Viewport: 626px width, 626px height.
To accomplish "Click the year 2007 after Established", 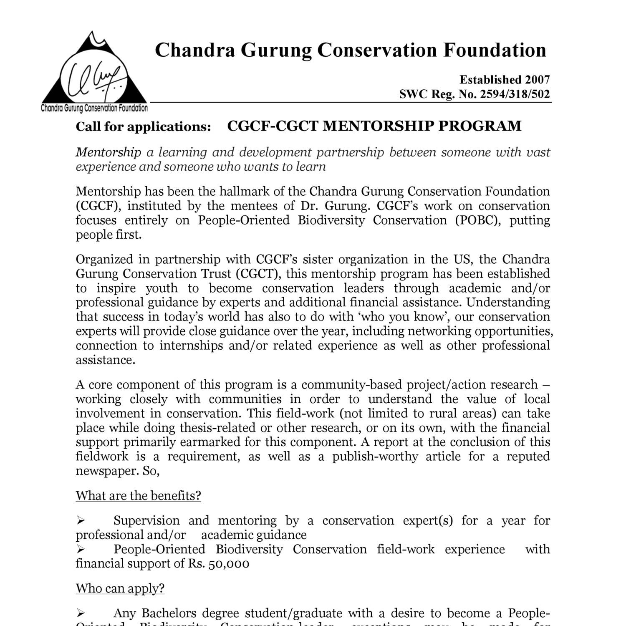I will [x=538, y=79].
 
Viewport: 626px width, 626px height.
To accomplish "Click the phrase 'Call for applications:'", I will [x=143, y=126].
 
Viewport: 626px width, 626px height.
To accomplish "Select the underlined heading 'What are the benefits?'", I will [x=138, y=495].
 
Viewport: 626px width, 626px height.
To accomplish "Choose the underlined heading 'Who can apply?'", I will [x=120, y=588].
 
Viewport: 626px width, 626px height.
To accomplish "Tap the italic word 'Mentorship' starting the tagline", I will [x=108, y=152].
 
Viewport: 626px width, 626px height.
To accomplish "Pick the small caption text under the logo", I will [x=94, y=109].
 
